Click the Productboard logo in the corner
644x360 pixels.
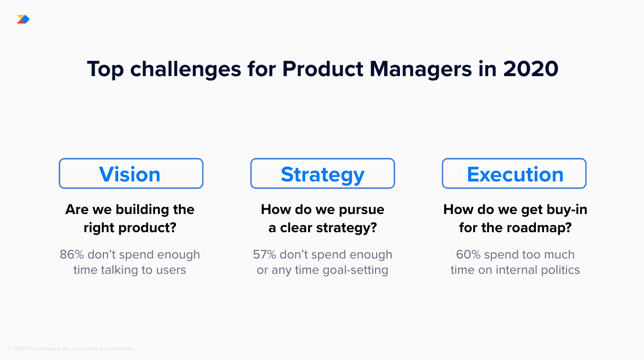pyautogui.click(x=23, y=19)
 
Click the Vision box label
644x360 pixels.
pyautogui.click(x=130, y=174)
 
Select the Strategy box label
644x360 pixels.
pyautogui.click(x=322, y=175)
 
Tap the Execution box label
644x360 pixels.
pyautogui.click(x=515, y=174)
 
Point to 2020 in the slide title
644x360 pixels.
pyautogui.click(x=531, y=69)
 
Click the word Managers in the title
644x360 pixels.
pyautogui.click(x=421, y=69)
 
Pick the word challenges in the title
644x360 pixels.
pyautogui.click(x=186, y=69)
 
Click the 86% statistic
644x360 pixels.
pyautogui.click(x=72, y=255)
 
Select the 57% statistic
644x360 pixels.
pyautogui.click(x=265, y=255)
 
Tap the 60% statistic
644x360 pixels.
pyautogui.click(x=468, y=255)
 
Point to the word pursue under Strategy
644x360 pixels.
pyautogui.click(x=361, y=210)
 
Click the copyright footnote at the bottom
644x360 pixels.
pyautogui.click(x=70, y=349)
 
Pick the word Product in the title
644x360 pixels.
pyautogui.click(x=322, y=69)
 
